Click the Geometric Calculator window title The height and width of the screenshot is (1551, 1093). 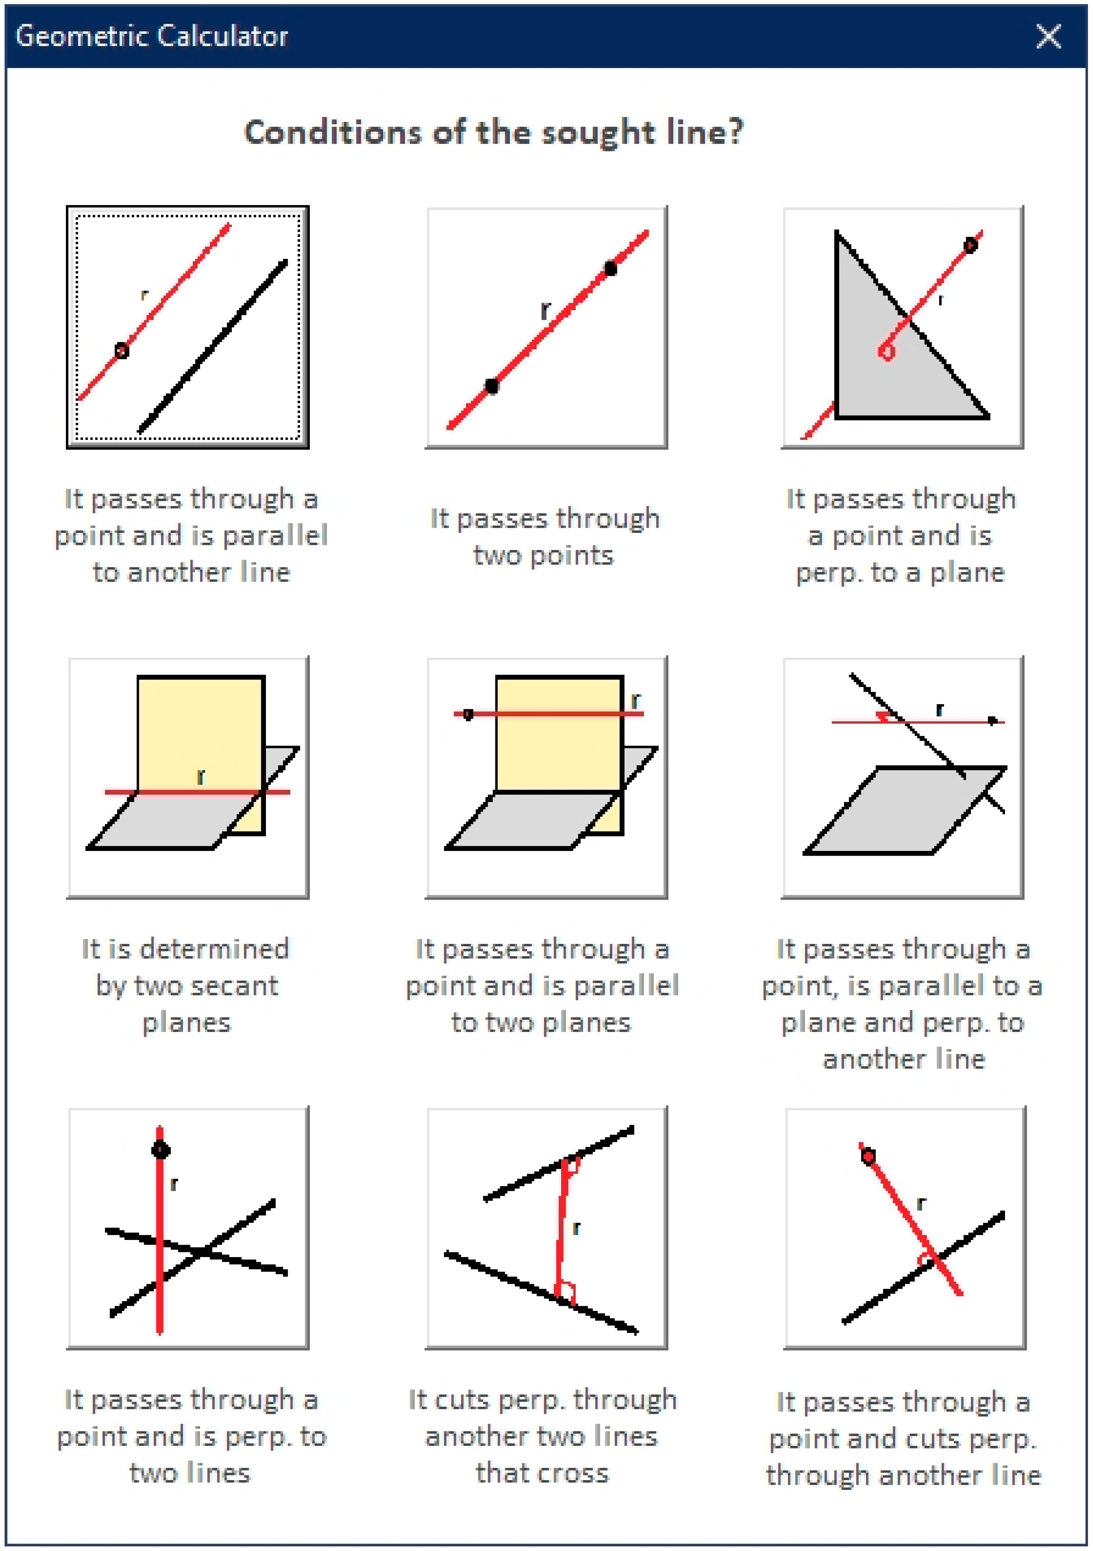click(x=152, y=36)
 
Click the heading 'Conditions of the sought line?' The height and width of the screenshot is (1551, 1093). click(x=494, y=132)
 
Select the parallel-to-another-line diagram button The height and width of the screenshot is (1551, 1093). click(x=188, y=327)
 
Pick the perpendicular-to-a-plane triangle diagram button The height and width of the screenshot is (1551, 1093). click(x=902, y=327)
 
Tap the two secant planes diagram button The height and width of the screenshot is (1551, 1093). click(x=188, y=777)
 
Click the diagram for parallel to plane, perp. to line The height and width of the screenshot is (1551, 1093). click(x=902, y=777)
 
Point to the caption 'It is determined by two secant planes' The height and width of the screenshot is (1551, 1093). click(x=186, y=986)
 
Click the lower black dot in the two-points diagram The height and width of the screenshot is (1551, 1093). click(x=492, y=386)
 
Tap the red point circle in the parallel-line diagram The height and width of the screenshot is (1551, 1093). click(x=122, y=351)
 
